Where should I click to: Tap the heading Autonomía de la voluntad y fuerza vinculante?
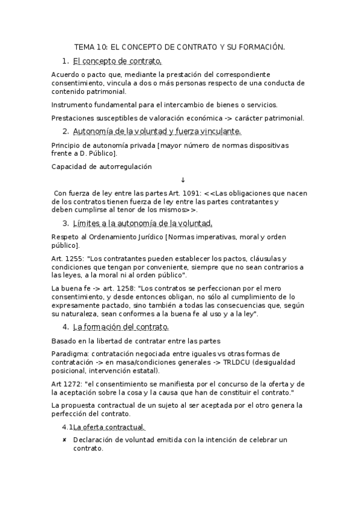[x=157, y=131]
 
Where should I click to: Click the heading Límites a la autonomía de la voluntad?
[x=142, y=224]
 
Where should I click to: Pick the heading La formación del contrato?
[x=121, y=327]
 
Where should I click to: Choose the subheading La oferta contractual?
[x=109, y=427]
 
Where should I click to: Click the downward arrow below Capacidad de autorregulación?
[x=183, y=180]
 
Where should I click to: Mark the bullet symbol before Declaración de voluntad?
[x=64, y=440]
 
